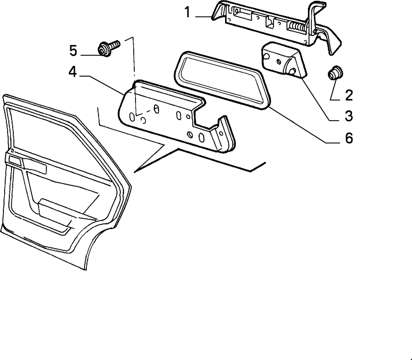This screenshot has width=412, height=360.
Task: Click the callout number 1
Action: click(187, 12)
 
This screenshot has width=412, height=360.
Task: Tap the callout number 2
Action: click(349, 95)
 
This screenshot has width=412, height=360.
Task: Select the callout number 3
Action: click(349, 116)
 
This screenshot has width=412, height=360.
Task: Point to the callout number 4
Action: click(73, 72)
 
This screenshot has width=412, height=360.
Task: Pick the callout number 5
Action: click(73, 51)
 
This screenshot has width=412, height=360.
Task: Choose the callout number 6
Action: click(349, 138)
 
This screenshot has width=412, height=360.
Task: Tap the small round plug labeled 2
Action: click(336, 73)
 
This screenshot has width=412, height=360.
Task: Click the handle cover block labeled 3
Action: click(284, 61)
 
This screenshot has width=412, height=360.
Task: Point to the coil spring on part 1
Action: click(297, 27)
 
